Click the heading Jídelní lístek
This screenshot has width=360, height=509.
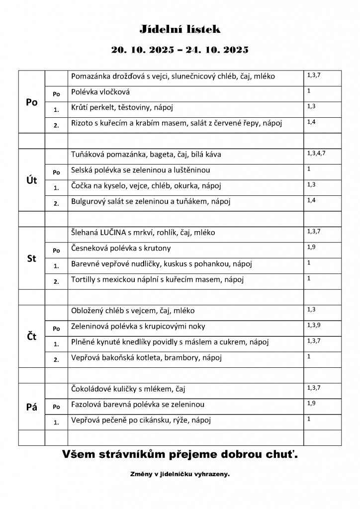tap(180, 30)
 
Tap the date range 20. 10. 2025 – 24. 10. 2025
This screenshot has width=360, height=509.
tap(180, 50)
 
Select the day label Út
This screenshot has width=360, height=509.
tap(31, 180)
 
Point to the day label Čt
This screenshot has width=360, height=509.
tap(31, 336)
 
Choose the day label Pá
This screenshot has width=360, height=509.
tap(31, 407)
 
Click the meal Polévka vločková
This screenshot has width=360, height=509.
tap(101, 92)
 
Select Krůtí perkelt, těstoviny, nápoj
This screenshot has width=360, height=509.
tap(122, 107)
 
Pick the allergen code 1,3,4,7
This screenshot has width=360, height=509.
tap(316, 153)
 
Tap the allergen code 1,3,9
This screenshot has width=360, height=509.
tap(313, 325)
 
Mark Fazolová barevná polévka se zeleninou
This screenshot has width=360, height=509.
tap(138, 405)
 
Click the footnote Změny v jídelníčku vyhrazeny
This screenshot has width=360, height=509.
tap(180, 475)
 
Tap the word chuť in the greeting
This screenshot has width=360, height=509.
tap(280, 454)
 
